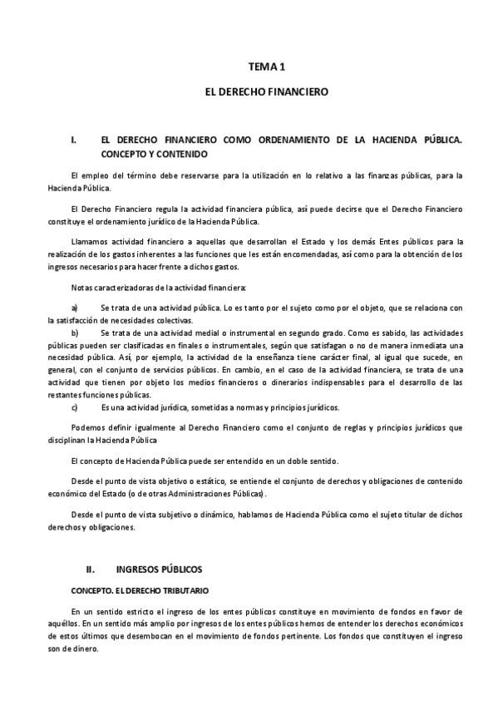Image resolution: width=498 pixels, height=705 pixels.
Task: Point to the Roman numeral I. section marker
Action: point(74,141)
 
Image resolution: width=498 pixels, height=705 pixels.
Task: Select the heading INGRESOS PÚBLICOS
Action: point(159,569)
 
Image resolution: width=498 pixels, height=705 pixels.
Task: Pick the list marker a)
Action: point(75,308)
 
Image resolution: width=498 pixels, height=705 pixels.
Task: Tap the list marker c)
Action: point(75,407)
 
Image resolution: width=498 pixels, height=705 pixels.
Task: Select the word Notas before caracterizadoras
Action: point(82,288)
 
